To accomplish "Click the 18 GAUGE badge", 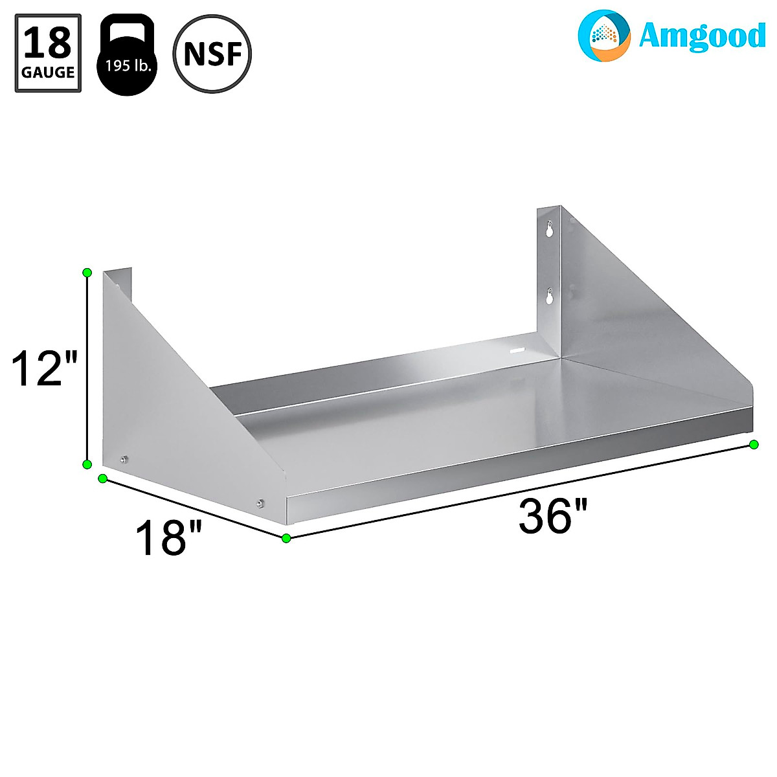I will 48,53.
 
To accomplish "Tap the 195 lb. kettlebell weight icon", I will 127,56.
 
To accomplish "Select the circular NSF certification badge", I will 212,54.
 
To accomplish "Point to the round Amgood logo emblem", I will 603,35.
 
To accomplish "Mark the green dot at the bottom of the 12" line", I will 87,464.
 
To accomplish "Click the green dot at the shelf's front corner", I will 286,538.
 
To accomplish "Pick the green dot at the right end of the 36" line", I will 754,444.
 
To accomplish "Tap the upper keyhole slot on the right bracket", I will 550,230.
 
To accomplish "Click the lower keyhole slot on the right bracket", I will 550,297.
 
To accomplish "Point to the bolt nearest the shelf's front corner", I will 260,503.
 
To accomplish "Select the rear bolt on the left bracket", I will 124,460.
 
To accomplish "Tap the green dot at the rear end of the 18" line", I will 102,479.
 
